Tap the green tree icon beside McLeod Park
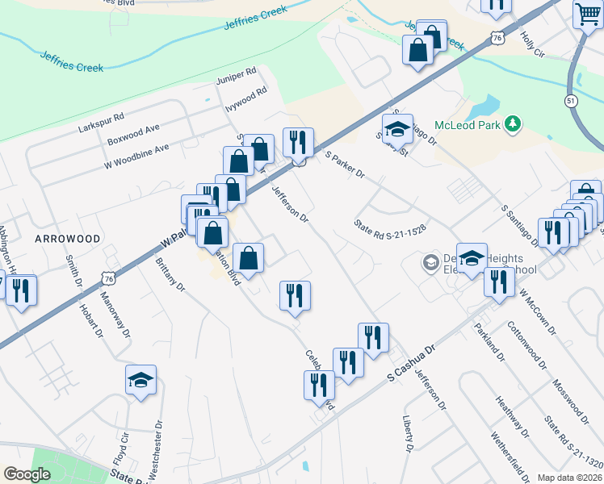pyautogui.click(x=511, y=123)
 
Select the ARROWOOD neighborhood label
pyautogui.click(x=68, y=240)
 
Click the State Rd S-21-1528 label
pyautogui.click(x=389, y=224)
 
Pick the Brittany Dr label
pyautogui.click(x=170, y=275)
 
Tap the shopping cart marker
pyautogui.click(x=588, y=14)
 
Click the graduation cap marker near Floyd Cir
pyautogui.click(x=141, y=380)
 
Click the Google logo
pyautogui.click(x=27, y=474)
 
